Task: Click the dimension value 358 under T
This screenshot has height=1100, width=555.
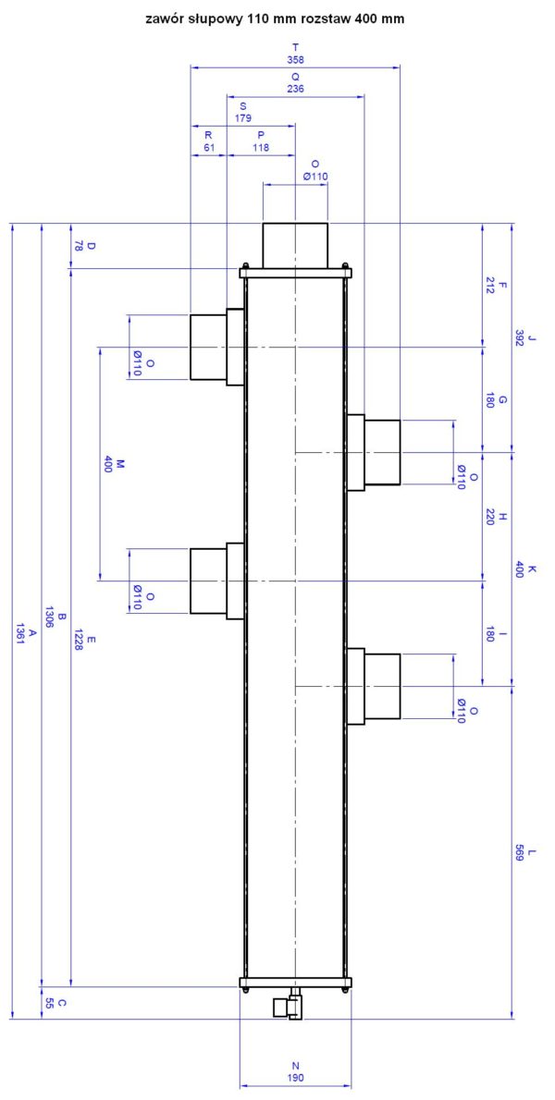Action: [x=295, y=60]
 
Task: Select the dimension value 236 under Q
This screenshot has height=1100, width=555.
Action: [x=295, y=89]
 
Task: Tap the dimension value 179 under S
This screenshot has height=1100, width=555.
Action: [x=243, y=118]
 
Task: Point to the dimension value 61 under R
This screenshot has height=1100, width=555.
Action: [x=208, y=147]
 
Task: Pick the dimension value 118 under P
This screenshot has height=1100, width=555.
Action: [x=261, y=147]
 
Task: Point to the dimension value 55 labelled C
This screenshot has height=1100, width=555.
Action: [x=49, y=1003]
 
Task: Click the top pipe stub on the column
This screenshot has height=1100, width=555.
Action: [x=295, y=245]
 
